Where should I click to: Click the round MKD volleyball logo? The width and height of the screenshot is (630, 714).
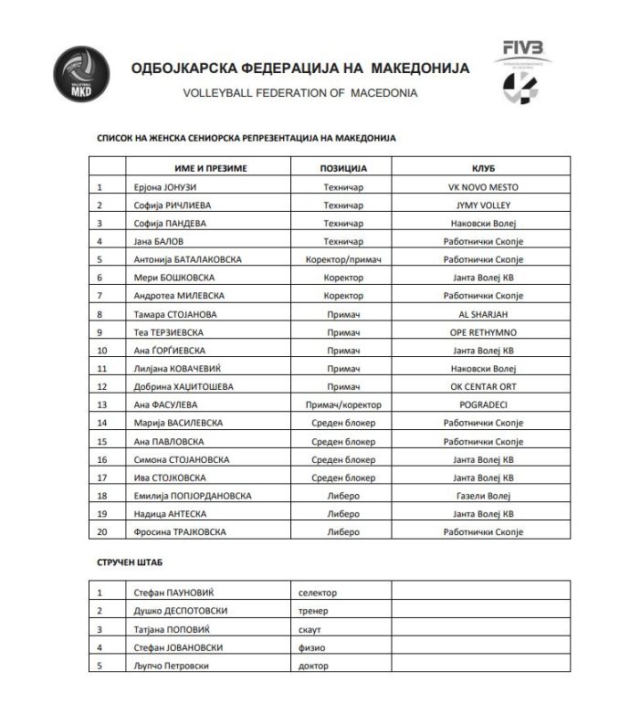(80, 75)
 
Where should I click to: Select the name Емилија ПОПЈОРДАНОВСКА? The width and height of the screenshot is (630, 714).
(191, 495)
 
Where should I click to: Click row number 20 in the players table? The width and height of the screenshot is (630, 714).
(102, 530)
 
